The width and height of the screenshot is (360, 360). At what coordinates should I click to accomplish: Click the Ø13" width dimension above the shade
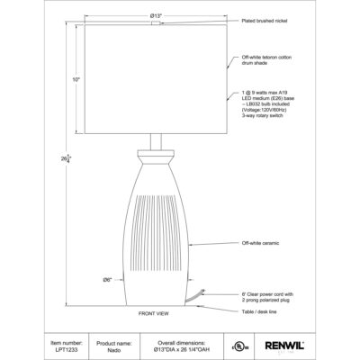point(157,16)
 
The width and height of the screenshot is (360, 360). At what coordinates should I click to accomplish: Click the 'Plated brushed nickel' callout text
point(267,20)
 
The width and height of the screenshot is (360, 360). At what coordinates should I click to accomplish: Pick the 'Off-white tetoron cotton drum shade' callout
point(267,61)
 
